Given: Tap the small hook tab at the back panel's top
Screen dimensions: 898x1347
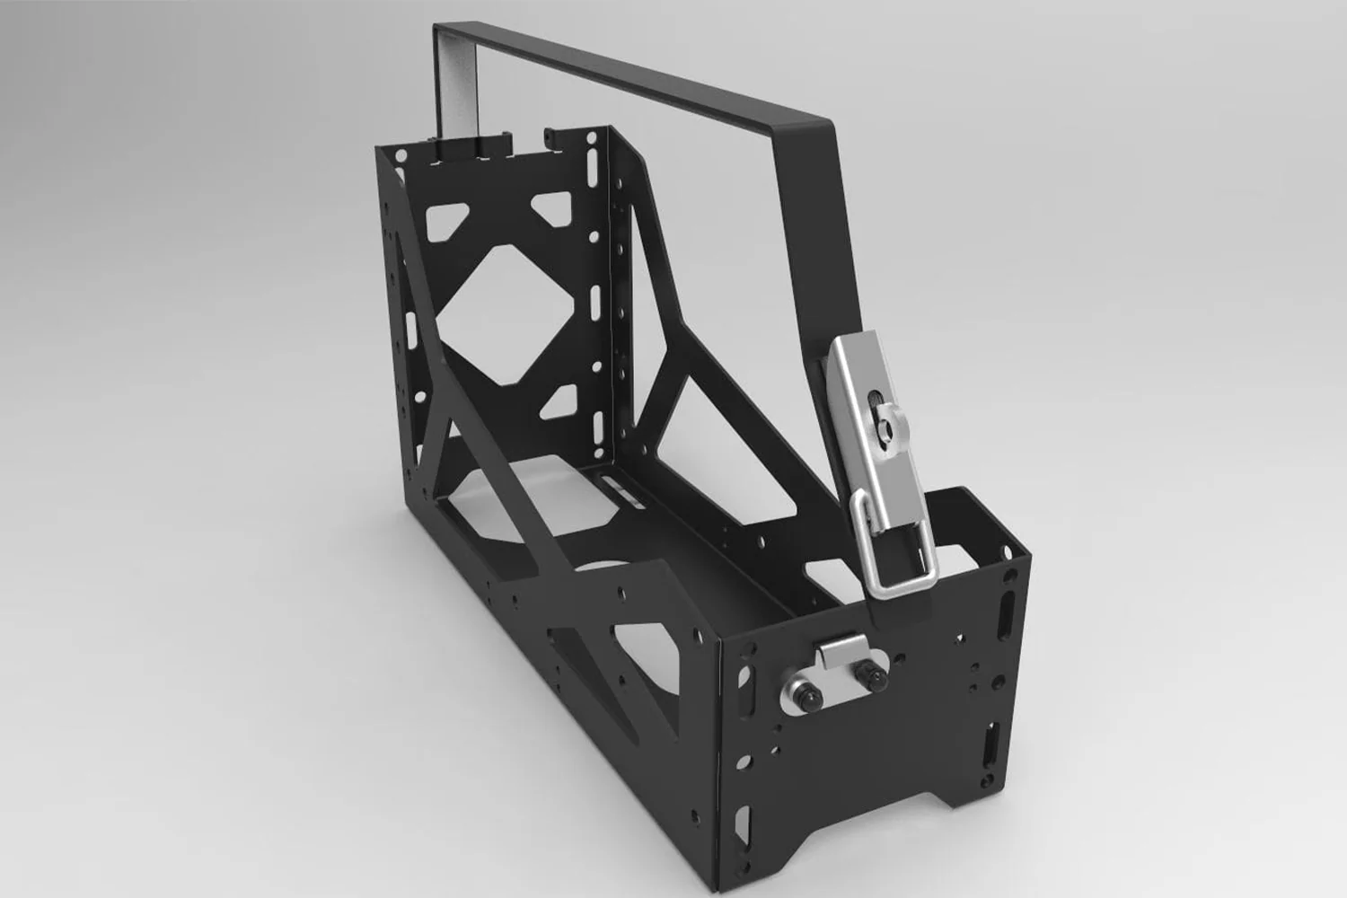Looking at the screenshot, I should [x=552, y=135].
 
